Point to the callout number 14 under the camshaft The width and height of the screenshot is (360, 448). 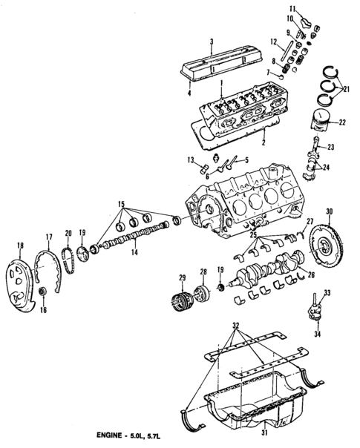click(134, 251)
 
